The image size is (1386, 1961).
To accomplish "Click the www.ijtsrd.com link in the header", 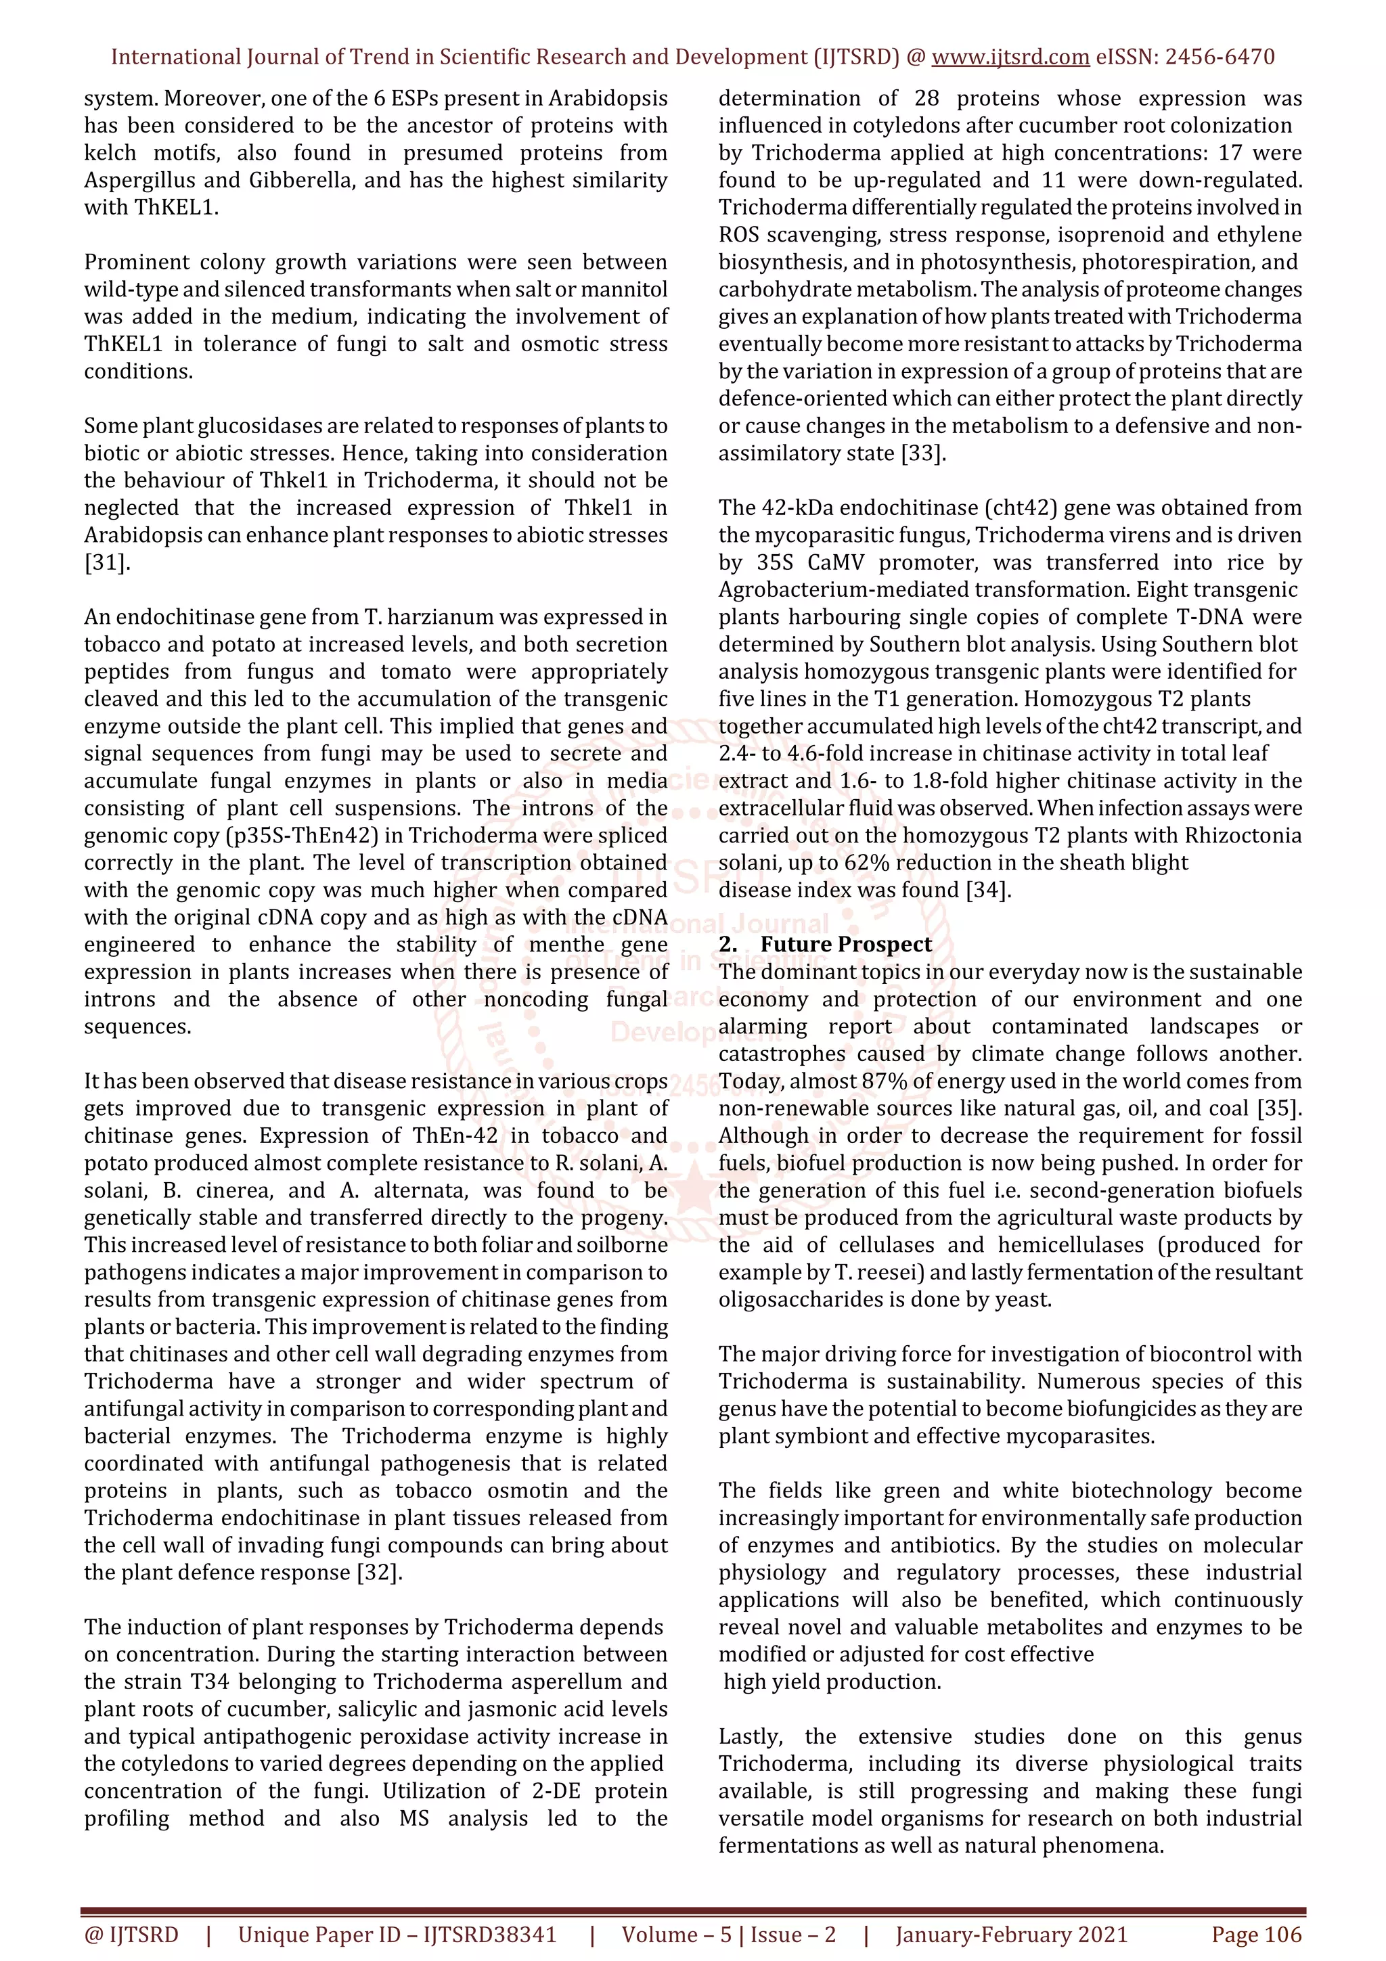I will tap(1010, 58).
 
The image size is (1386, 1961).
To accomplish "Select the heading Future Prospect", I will tap(845, 944).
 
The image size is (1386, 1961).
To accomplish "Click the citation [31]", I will tap(107, 562).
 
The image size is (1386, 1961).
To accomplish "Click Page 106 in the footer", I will tap(1256, 1935).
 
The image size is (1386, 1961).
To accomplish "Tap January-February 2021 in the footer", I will tap(1011, 1935).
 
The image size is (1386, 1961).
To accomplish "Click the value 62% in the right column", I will tap(866, 863).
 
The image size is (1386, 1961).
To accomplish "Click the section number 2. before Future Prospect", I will tap(728, 944).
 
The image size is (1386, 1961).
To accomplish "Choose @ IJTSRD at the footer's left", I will tap(131, 1935).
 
